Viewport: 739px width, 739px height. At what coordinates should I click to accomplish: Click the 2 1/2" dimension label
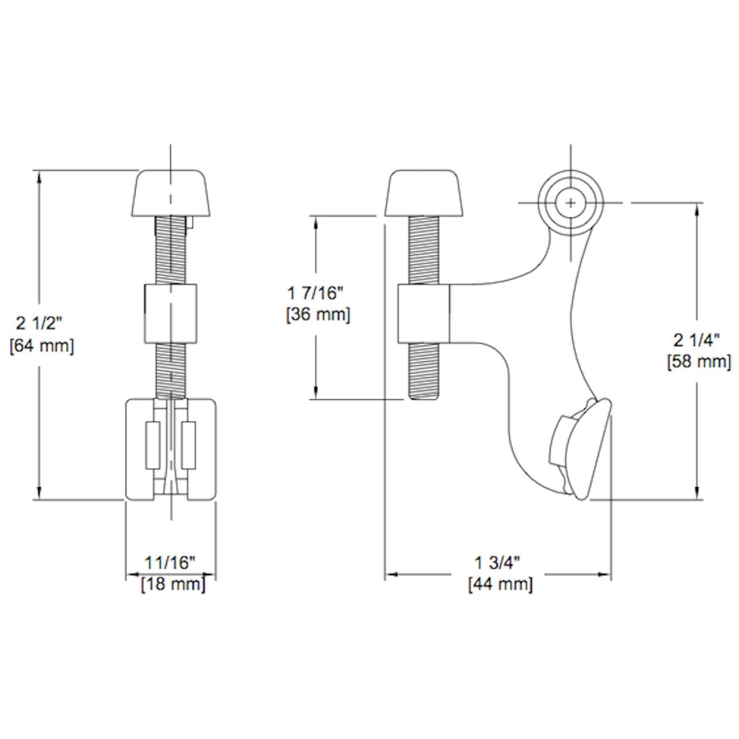38,324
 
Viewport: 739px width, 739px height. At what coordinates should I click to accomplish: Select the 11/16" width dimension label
170,563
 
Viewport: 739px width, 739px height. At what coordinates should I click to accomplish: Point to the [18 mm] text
173,584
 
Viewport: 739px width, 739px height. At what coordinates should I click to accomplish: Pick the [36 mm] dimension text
318,315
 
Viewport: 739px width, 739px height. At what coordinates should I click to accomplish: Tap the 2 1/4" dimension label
696,340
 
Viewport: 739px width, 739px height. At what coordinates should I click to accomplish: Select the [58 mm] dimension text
699,361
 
